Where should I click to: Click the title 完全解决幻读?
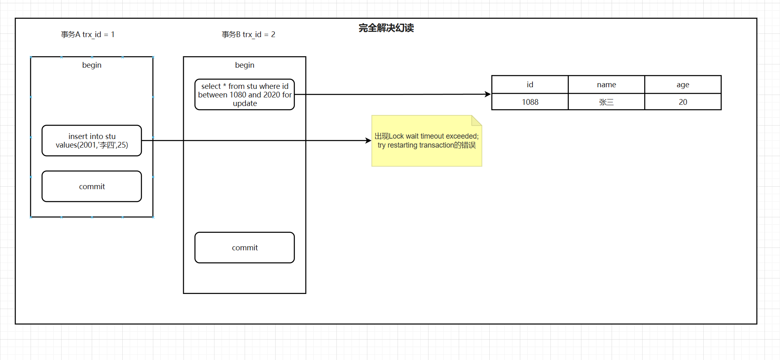pyautogui.click(x=386, y=28)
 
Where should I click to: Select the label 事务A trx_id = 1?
pyautogui.click(x=88, y=35)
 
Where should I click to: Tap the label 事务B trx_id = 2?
pyautogui.click(x=248, y=35)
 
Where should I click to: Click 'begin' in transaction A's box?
pyautogui.click(x=92, y=65)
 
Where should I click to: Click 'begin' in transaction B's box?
pyautogui.click(x=245, y=65)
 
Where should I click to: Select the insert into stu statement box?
pyautogui.click(x=92, y=141)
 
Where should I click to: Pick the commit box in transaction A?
pyautogui.click(x=92, y=186)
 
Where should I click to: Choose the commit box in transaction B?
pyautogui.click(x=245, y=247)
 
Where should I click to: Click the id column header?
pyautogui.click(x=530, y=85)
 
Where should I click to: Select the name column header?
pyautogui.click(x=606, y=85)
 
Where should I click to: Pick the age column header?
pyautogui.click(x=683, y=85)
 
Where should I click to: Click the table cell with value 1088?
pyautogui.click(x=530, y=102)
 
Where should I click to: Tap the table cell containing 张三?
pyautogui.click(x=606, y=102)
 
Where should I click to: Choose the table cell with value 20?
pyautogui.click(x=683, y=102)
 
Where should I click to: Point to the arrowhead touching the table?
pyautogui.click(x=488, y=94)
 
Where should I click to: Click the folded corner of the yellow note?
pyautogui.click(x=476, y=120)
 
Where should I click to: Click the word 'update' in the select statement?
pyautogui.click(x=245, y=104)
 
